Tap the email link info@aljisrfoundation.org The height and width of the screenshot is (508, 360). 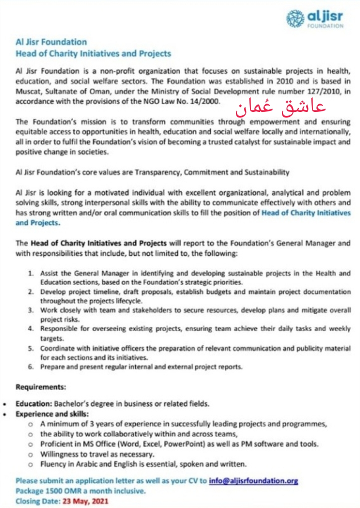(253, 481)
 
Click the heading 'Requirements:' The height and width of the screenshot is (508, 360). (40, 387)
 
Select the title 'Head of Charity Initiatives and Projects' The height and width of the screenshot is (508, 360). (93, 53)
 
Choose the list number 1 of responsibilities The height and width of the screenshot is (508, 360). (30, 273)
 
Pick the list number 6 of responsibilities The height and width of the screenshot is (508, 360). (30, 366)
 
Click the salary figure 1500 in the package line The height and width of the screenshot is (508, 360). (54, 491)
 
